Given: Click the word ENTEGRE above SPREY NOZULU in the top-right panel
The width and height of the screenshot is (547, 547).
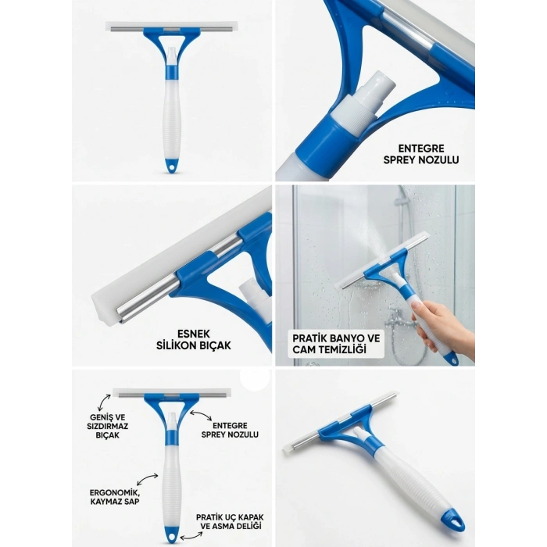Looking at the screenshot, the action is [421, 148].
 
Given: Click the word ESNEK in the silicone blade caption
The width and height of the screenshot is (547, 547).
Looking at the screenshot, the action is [194, 334].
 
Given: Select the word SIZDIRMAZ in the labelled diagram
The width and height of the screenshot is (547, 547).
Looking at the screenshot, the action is [108, 427].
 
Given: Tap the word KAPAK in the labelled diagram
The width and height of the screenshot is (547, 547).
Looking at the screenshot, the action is [251, 517].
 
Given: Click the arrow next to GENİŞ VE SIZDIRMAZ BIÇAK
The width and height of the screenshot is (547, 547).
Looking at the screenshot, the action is [104, 402].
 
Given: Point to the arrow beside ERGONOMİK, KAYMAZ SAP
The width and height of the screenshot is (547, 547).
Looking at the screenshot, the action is [147, 479].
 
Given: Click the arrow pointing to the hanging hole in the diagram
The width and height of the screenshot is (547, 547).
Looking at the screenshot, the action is [191, 535].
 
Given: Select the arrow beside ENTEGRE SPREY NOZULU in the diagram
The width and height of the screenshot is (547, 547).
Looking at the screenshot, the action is [200, 416].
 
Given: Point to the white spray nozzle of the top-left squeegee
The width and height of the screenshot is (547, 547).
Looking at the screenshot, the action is [171, 55].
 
